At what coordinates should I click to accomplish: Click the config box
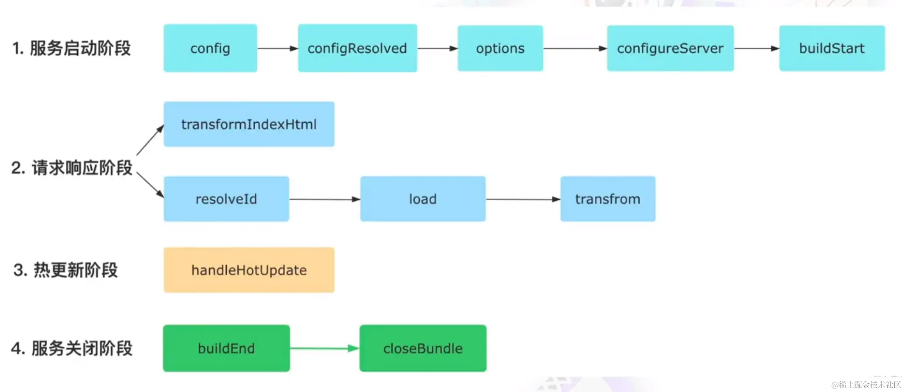(210, 48)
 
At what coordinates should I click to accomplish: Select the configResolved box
(357, 48)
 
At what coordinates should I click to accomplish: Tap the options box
(500, 48)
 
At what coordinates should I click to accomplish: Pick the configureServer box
(670, 48)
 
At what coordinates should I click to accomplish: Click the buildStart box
(832, 48)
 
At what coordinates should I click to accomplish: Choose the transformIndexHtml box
(249, 124)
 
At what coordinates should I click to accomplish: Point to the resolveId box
(226, 199)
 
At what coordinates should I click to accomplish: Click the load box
(423, 199)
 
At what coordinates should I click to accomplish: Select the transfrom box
(608, 199)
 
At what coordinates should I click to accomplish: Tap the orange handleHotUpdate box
(249, 270)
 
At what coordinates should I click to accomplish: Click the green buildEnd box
(226, 348)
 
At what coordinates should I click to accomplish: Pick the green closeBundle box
(423, 348)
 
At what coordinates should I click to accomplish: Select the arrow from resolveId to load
(324, 199)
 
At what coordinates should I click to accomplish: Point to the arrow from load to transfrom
(523, 199)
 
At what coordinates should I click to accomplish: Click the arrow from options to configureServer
(575, 48)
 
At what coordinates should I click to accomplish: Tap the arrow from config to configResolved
(277, 48)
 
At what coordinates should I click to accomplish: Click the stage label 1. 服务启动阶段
(72, 48)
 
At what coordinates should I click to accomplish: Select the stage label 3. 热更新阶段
(66, 270)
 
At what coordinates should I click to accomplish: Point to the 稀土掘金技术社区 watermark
(866, 385)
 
